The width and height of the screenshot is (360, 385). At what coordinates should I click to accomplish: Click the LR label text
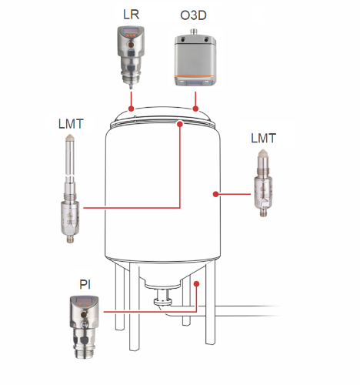131,15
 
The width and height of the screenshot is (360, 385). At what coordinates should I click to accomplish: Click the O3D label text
193,15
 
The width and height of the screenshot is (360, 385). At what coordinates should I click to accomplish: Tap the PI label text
85,284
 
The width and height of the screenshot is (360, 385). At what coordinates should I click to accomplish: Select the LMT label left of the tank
71,124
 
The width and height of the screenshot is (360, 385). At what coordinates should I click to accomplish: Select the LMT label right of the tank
263,138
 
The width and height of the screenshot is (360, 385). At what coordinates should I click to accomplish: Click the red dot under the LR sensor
132,109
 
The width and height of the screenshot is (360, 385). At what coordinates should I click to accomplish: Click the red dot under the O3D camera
195,109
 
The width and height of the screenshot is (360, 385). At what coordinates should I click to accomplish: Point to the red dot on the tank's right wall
216,194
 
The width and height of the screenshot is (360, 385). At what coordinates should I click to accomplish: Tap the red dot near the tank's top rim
180,124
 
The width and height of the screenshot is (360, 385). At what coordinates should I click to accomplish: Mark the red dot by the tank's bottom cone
197,284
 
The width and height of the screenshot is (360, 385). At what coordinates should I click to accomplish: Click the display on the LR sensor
131,31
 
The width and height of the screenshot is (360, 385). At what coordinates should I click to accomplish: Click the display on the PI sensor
84,300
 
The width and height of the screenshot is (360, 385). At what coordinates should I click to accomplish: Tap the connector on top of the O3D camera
193,32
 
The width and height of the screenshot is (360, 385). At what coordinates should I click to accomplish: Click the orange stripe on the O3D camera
195,76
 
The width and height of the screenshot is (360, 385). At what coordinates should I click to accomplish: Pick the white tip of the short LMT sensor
262,153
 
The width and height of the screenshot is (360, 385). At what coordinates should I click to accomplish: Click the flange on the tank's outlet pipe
163,302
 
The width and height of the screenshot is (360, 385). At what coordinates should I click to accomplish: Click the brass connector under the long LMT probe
70,239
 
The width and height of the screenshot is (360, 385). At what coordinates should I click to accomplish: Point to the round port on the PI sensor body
84,314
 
